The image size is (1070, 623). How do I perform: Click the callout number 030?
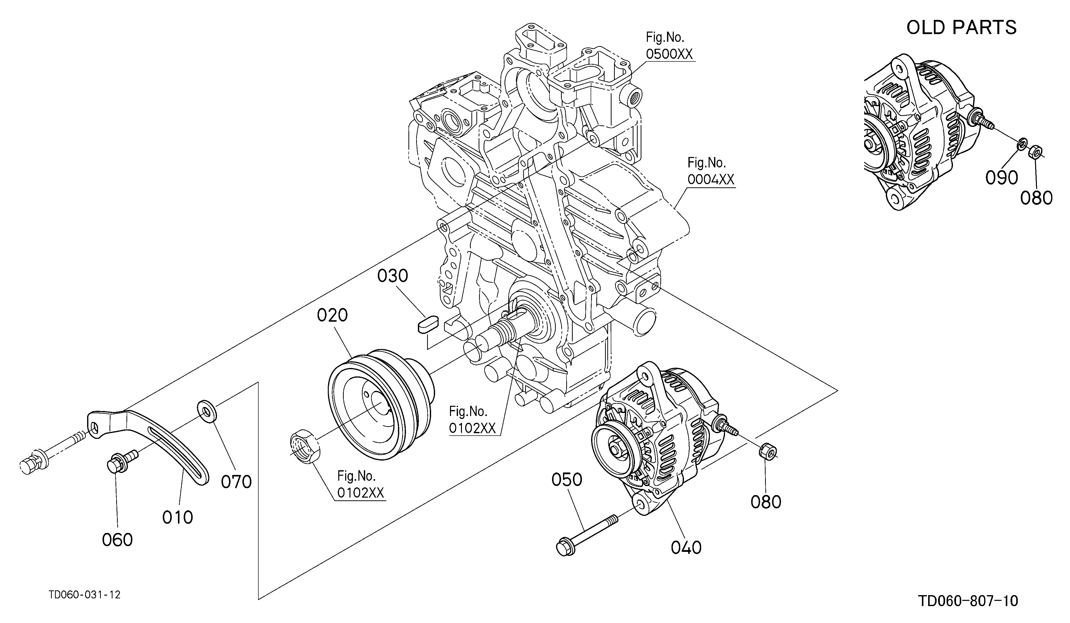pos(393,276)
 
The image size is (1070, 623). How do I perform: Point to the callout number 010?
pos(177,517)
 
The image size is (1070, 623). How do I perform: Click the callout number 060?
pos(117,540)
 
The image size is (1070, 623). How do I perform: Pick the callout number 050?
pos(567,480)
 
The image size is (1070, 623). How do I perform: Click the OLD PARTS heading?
pos(961,28)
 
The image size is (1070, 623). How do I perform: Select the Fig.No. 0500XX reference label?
pos(670,46)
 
